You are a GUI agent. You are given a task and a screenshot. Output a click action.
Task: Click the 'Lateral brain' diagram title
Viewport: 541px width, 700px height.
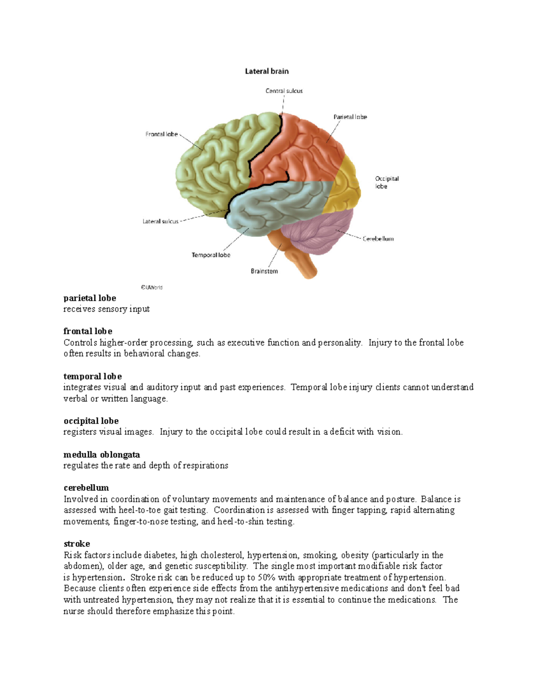[x=266, y=71]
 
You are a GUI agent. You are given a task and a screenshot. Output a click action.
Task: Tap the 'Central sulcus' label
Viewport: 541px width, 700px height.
[x=284, y=91]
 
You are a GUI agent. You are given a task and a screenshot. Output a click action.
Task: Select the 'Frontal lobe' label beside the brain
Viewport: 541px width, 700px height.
[x=161, y=134]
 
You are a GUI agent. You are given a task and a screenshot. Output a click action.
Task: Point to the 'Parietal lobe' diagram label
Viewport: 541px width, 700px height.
[x=350, y=117]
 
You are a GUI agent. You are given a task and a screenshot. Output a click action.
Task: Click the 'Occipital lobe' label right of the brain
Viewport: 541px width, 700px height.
[x=386, y=183]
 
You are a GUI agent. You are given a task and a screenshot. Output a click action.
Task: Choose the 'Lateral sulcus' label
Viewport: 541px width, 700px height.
[x=160, y=221]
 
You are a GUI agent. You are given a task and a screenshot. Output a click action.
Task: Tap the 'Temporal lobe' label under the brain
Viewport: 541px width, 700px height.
[x=211, y=255]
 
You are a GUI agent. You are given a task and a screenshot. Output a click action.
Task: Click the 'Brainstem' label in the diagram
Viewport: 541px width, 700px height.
[x=264, y=271]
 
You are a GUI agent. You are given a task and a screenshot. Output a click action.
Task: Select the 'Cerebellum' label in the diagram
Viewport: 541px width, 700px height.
[x=378, y=239]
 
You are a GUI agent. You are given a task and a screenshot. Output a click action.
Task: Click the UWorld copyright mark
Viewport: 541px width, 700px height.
[x=151, y=287]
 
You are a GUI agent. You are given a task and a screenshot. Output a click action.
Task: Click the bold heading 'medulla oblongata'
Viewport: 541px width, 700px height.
[x=101, y=454]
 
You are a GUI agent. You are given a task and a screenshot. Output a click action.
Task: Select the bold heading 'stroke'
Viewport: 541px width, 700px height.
[x=77, y=544]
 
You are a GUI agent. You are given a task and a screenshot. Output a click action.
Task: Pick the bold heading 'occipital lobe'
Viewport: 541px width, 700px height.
[x=91, y=421]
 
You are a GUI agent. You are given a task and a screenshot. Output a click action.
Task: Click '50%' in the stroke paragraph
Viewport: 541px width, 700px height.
[x=266, y=577]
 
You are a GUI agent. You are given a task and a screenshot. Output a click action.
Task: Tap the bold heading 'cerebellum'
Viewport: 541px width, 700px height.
[x=86, y=488]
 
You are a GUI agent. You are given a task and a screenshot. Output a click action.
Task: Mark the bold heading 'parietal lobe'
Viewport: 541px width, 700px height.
[x=90, y=298]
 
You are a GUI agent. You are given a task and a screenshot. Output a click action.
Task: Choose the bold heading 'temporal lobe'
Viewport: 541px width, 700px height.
[x=92, y=376]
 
